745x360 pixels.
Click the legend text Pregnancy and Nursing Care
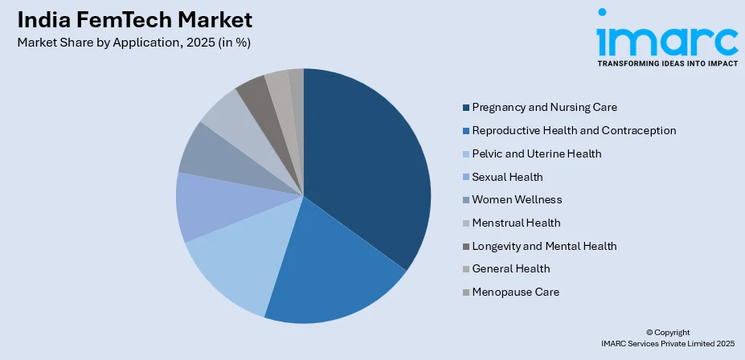(544, 107)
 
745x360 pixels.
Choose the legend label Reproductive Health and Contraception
(574, 130)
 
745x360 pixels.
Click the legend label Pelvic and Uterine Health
(536, 153)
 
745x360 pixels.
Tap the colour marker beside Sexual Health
(466, 177)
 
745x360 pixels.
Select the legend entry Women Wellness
(517, 199)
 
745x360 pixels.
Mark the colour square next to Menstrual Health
(466, 223)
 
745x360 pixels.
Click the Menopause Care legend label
(515, 292)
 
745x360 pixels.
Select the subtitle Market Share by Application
(133, 43)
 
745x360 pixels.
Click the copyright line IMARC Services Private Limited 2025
(667, 343)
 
